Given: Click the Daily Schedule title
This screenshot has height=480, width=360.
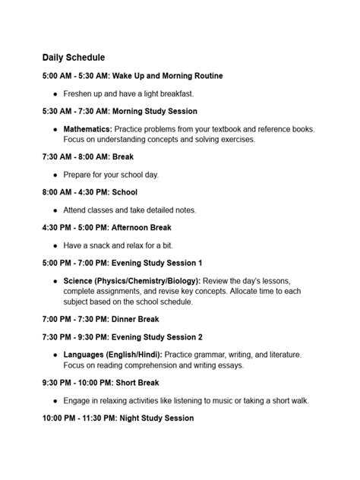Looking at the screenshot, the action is [x=74, y=57].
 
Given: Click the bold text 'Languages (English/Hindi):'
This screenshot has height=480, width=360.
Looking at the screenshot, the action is [x=109, y=354].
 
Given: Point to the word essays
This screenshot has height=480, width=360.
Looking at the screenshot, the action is [x=230, y=365].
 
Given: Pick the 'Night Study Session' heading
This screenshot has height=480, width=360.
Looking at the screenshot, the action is [x=152, y=418].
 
